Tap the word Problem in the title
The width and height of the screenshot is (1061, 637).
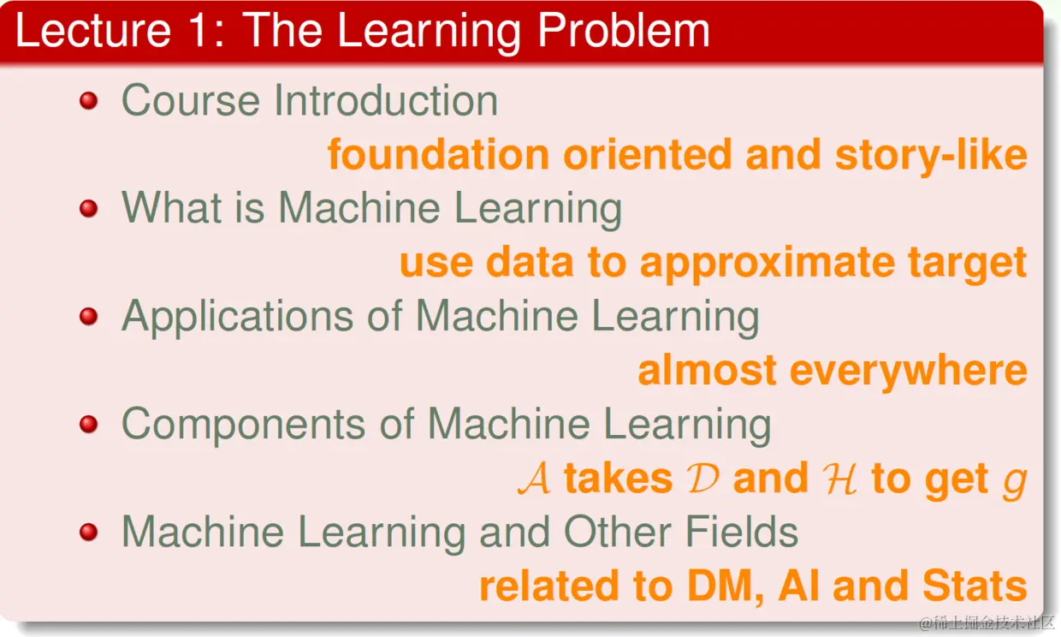623,30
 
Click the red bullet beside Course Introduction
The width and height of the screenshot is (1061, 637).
89,100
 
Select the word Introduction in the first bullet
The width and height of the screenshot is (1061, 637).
386,99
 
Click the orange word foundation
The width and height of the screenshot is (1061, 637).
438,154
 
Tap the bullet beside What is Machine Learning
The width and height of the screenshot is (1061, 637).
89,208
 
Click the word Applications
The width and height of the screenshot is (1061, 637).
237,318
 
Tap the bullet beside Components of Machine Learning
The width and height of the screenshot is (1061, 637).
89,424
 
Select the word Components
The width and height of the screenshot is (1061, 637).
244,425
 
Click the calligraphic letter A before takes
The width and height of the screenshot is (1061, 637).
534,479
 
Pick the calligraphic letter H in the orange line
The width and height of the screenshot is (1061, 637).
839,479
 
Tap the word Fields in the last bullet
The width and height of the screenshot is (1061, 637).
742,532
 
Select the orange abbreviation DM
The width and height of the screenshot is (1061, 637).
725,586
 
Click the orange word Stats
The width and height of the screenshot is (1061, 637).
975,586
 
